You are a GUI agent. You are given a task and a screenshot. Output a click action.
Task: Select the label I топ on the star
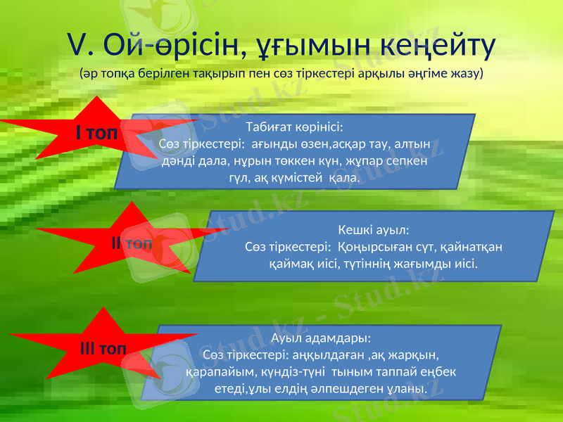[97, 132]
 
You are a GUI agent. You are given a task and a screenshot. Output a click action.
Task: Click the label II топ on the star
[132, 243]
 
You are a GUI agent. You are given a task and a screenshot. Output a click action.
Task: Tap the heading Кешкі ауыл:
[374, 230]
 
